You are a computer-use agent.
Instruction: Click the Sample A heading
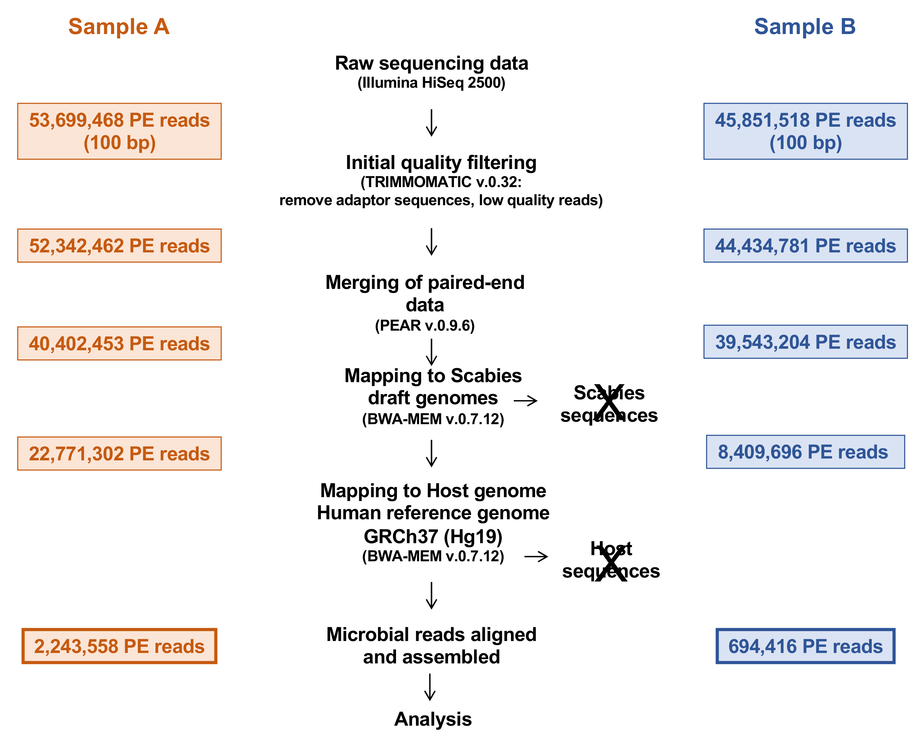119,26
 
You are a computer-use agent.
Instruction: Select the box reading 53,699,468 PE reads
119,131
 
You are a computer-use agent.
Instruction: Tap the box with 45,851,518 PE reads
805,131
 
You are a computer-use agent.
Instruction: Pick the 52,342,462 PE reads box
119,246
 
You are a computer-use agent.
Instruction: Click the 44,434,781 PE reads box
805,246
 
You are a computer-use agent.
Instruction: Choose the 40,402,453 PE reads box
119,344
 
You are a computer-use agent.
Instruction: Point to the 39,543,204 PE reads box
805,342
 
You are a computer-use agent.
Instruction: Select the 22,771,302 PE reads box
119,454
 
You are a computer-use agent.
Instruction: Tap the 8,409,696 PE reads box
805,452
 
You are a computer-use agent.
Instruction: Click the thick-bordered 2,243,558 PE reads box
119,646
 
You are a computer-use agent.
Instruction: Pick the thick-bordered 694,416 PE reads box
805,646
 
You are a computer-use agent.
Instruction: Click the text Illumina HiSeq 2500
431,83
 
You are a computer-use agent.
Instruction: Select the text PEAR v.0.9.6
425,326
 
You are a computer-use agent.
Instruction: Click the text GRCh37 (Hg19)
433,536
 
